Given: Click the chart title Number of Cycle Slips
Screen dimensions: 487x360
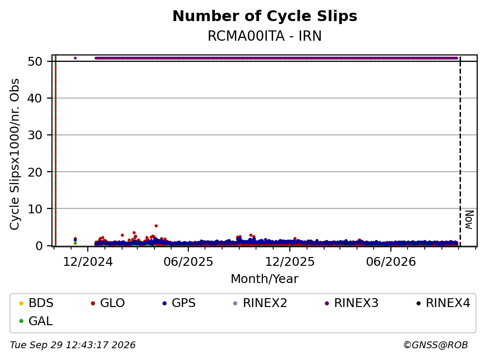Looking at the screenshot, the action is (x=265, y=16).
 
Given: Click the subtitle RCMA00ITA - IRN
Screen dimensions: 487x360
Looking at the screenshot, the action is (x=265, y=36).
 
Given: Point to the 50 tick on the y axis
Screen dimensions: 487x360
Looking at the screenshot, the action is (x=35, y=61).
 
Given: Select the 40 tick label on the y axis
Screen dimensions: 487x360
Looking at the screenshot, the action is (x=35, y=99).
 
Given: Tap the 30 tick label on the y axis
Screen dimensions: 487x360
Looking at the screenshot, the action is (x=35, y=135).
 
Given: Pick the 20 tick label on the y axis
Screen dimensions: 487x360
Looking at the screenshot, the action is (x=35, y=172).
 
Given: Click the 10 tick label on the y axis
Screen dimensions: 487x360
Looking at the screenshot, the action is (x=35, y=209).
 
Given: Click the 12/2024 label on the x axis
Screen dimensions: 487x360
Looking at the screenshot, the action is (x=88, y=262).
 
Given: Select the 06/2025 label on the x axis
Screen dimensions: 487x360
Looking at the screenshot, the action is (x=188, y=262).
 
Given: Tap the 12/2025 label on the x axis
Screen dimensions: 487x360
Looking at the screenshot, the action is (x=290, y=262).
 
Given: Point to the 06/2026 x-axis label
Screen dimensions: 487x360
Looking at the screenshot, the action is (x=391, y=262).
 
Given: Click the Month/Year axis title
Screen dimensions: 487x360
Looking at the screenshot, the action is (x=265, y=279).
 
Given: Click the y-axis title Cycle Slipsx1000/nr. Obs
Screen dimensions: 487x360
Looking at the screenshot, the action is (x=15, y=154).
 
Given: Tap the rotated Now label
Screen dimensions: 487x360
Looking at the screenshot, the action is (x=469, y=220).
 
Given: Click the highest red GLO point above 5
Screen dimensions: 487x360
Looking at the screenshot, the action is (x=156, y=226).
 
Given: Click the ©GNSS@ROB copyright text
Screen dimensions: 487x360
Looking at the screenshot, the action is (x=436, y=345).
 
